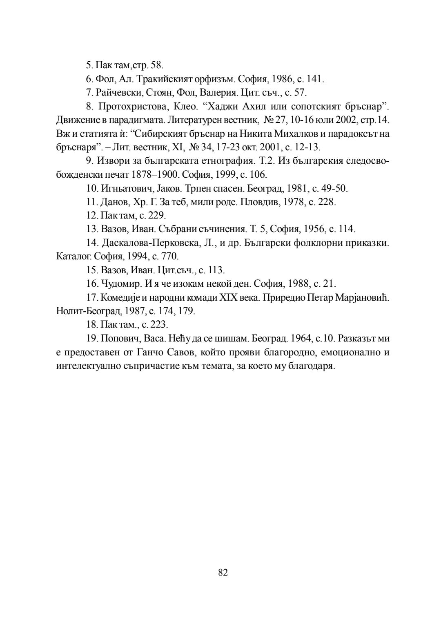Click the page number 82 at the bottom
tap(223, 572)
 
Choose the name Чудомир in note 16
tap(119, 283)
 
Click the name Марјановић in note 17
tap(362, 297)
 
